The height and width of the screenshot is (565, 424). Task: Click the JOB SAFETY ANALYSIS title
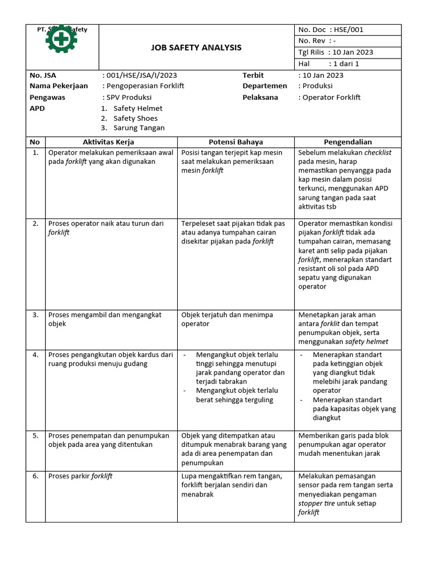(196, 47)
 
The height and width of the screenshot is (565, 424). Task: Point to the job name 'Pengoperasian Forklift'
(145, 86)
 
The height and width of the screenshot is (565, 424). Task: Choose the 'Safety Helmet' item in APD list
(137, 108)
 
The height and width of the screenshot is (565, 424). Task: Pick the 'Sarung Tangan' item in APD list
(139, 128)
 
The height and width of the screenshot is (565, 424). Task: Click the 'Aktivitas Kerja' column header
(108, 142)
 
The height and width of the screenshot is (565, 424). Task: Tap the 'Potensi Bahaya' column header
(236, 142)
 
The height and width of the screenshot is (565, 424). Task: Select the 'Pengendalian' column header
(347, 142)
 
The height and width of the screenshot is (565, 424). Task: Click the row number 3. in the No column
(35, 315)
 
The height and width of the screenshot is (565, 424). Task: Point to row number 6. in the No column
(35, 476)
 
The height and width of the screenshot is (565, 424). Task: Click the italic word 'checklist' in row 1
(381, 152)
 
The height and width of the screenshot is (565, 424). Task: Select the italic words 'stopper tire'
(318, 503)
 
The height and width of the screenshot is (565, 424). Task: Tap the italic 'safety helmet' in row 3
(367, 342)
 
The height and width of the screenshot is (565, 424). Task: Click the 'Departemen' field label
(264, 86)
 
